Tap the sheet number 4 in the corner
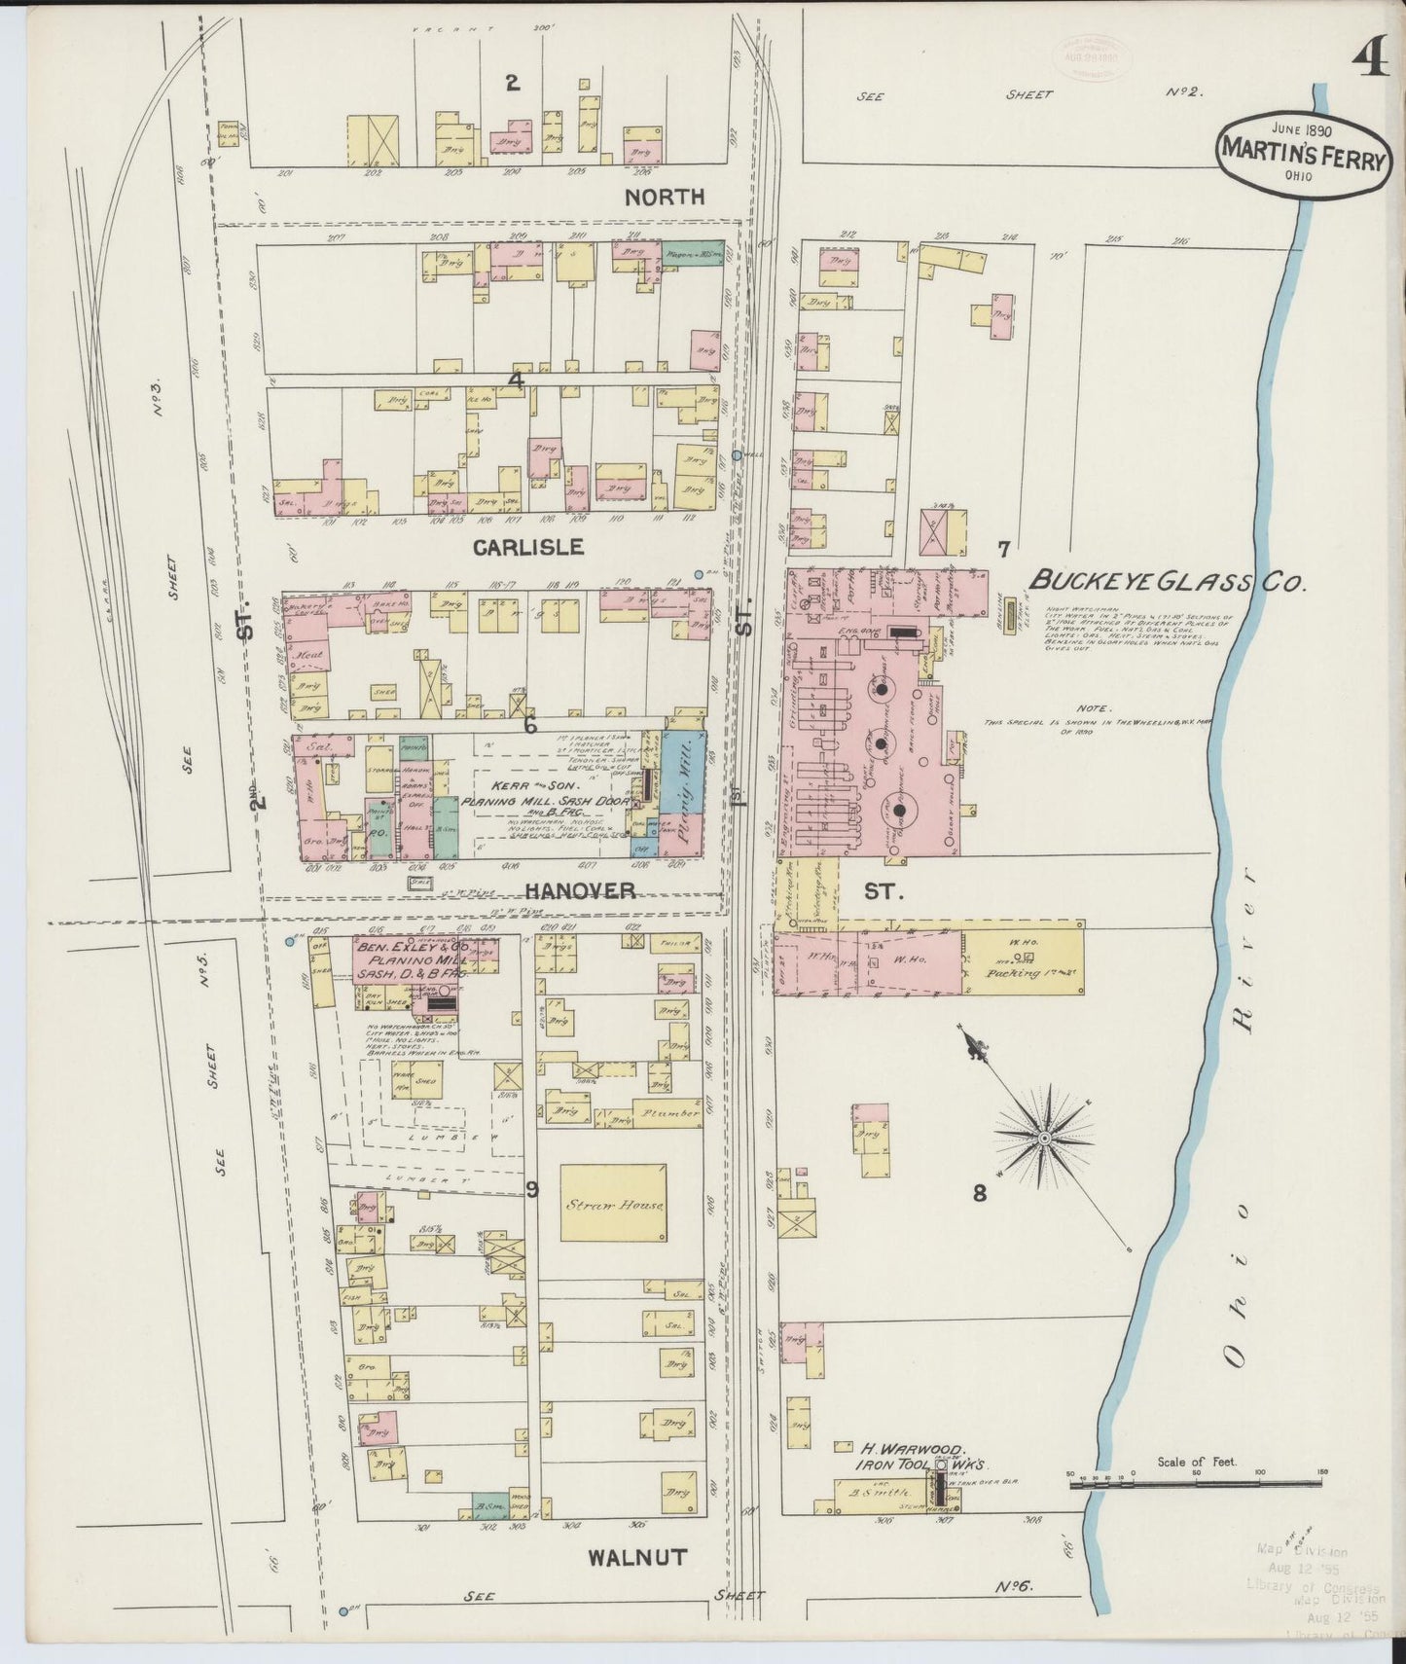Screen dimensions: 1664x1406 pos(1368,61)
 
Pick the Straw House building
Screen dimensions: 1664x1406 pos(613,1204)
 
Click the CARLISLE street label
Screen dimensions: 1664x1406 pos(527,547)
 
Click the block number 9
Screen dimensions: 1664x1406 pos(532,1189)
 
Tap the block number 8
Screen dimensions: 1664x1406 pos(979,1193)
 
